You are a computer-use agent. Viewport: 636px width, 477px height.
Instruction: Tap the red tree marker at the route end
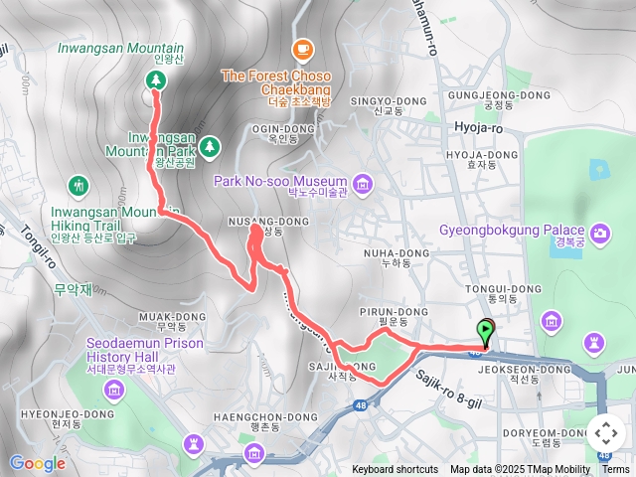pyautogui.click(x=155, y=81)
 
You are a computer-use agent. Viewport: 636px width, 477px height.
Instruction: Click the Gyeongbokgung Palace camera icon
pyautogui.click(x=600, y=234)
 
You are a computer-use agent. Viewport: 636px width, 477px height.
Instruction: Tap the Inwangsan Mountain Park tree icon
pyautogui.click(x=209, y=148)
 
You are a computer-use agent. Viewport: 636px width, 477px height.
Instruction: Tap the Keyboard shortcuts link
pyautogui.click(x=394, y=470)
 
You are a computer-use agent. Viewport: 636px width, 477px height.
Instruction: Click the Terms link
pyautogui.click(x=615, y=470)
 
